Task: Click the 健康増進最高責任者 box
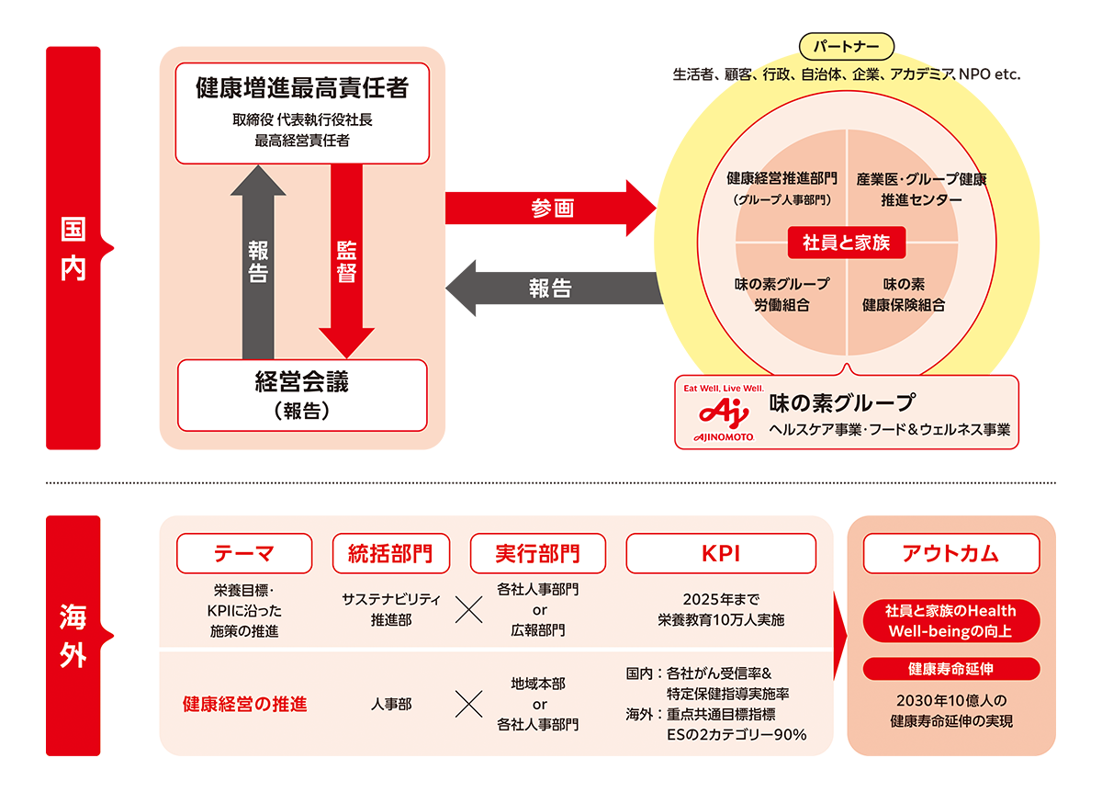302,114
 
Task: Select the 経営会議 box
302,395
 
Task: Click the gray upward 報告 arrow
258,261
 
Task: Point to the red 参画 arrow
550,209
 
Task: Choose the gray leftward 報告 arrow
552,288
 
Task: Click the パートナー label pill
847,45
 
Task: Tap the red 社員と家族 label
847,243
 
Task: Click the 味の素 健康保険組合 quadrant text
904,294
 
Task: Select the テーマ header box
244,553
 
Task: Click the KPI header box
721,553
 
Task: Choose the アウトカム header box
950,553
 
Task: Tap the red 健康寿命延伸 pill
950,668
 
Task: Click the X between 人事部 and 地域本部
469,705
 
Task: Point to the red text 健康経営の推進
244,705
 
